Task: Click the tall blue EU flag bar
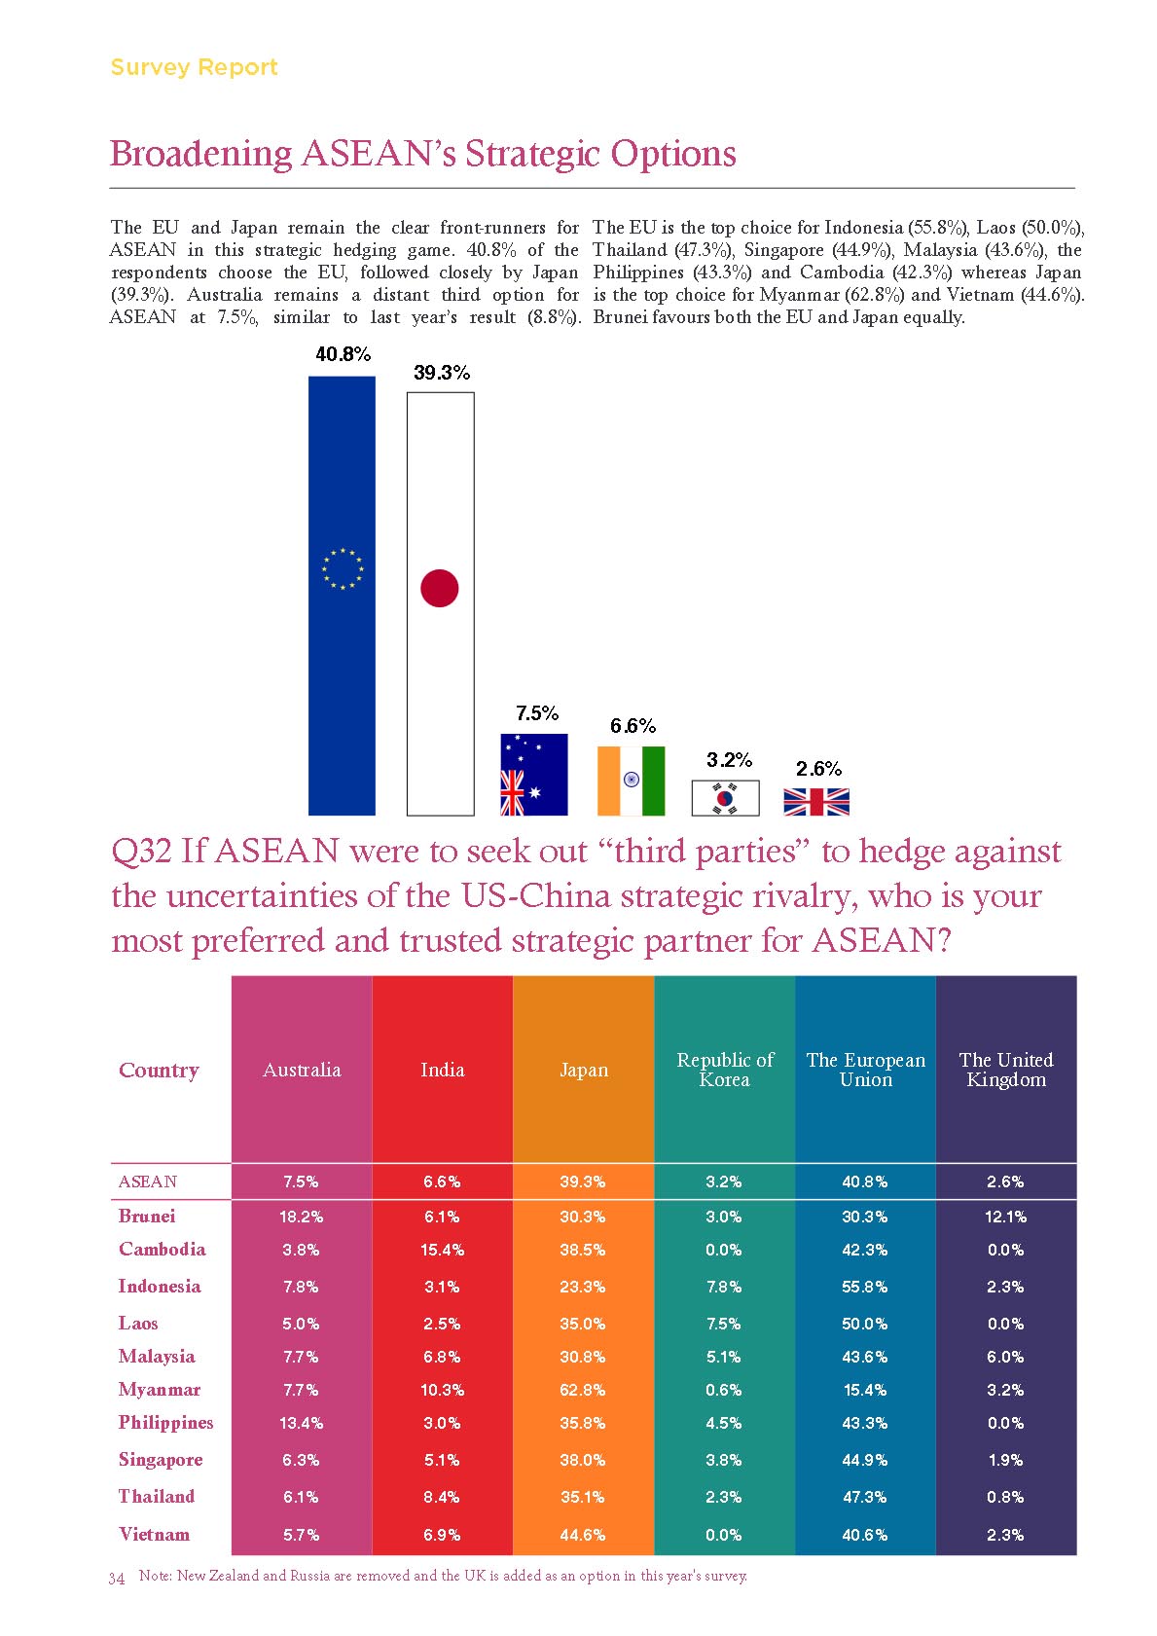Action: click(x=342, y=595)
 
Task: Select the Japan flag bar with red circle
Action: click(x=440, y=603)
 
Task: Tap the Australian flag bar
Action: click(x=533, y=775)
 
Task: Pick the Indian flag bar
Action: click(x=631, y=781)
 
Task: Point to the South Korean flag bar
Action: click(x=725, y=798)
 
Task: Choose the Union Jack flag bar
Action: click(x=816, y=802)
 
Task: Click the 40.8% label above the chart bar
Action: click(x=343, y=354)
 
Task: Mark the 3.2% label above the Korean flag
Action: click(x=729, y=760)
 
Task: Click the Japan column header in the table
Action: click(x=583, y=1070)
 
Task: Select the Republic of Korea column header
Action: click(x=725, y=1070)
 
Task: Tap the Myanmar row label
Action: click(x=160, y=1390)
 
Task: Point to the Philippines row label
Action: click(x=165, y=1423)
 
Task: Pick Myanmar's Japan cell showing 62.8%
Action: click(x=583, y=1390)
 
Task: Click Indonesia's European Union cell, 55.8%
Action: click(x=865, y=1287)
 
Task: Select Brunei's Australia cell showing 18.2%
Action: click(x=302, y=1217)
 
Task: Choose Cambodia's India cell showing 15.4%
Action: click(x=442, y=1250)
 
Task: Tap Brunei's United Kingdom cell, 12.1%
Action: click(x=1005, y=1217)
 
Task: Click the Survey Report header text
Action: click(x=194, y=67)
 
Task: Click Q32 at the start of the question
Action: click(x=141, y=852)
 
